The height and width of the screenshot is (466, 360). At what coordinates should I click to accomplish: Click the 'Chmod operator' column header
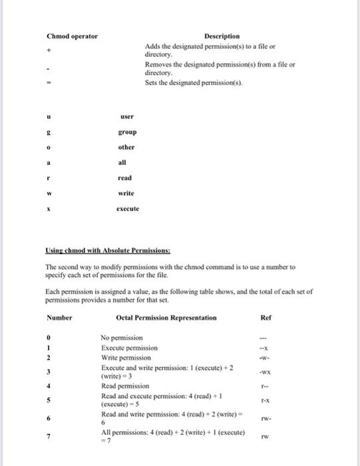(x=72, y=36)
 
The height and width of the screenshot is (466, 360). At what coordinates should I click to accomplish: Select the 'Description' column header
(x=222, y=36)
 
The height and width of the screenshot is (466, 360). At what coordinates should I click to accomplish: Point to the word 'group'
(x=126, y=132)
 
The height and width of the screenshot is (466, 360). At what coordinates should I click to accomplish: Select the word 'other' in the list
(x=126, y=147)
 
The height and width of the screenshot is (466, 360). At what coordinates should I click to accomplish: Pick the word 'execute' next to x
(x=128, y=208)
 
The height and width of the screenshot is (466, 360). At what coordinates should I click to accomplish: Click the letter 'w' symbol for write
(x=49, y=193)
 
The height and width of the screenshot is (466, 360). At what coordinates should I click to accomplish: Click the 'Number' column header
(x=59, y=318)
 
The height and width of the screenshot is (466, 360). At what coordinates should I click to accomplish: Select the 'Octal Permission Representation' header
(x=166, y=318)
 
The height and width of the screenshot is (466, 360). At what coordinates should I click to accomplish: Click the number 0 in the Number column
(x=49, y=338)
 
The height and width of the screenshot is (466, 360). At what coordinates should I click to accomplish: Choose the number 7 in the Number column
(x=49, y=436)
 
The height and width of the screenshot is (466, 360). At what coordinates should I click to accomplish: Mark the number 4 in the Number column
(x=49, y=385)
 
